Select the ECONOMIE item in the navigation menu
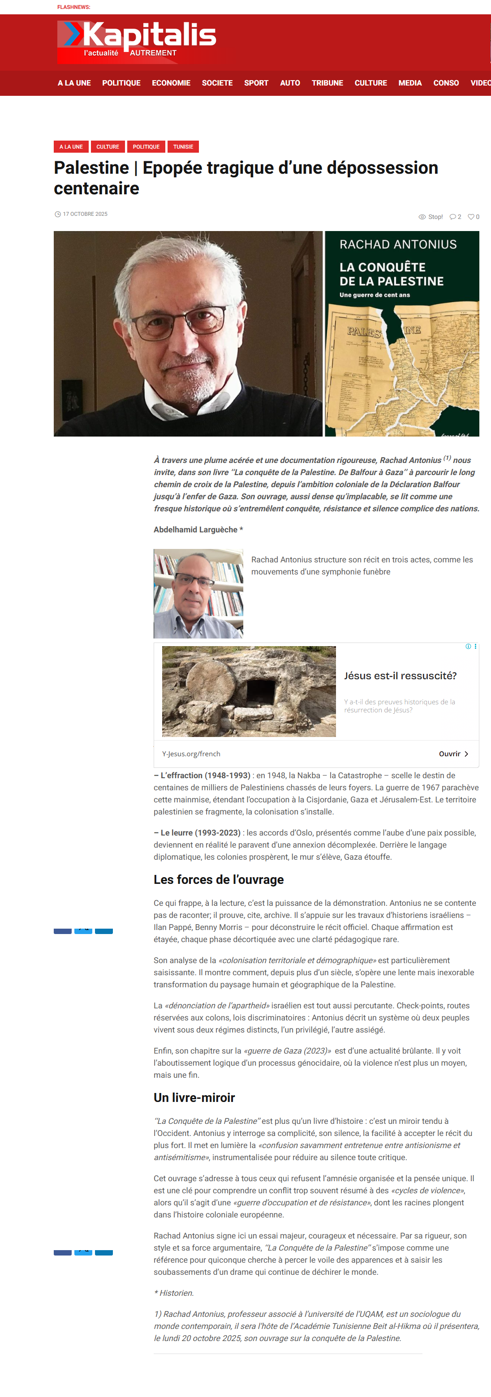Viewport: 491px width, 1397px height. click(x=171, y=83)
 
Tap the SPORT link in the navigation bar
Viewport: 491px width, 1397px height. click(x=256, y=83)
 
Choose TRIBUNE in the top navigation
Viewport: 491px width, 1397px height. click(x=327, y=83)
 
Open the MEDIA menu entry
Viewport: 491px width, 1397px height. click(x=409, y=83)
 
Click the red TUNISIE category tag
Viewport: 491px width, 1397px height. click(x=183, y=146)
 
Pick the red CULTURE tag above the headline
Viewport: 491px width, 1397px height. click(x=108, y=146)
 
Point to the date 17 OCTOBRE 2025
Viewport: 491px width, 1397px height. click(x=85, y=214)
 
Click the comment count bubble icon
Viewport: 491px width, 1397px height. click(x=452, y=217)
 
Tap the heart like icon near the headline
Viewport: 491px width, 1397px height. click(x=471, y=217)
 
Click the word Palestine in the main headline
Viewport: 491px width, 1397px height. click(x=91, y=168)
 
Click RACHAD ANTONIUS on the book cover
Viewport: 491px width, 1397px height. click(x=398, y=244)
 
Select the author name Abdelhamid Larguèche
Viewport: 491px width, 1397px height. click(x=195, y=529)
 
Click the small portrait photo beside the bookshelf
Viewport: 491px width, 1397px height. click(x=198, y=593)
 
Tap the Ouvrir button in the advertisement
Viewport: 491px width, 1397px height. click(x=453, y=754)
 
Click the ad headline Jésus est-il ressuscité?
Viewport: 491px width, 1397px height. click(x=400, y=676)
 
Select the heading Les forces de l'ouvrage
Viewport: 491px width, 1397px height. click(x=218, y=880)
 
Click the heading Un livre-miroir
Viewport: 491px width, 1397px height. click(x=194, y=1097)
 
